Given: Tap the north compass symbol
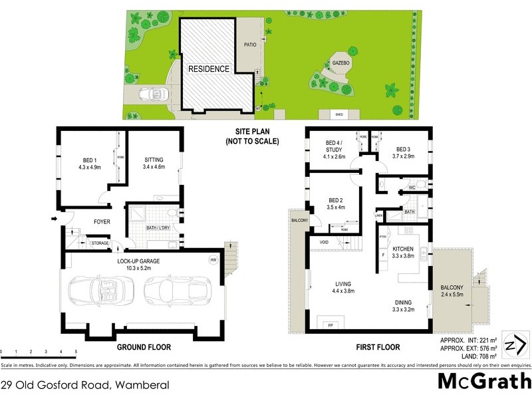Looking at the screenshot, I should tap(518, 345).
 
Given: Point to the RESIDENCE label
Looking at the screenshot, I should tap(208, 69).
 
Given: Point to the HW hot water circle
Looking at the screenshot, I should tap(212, 259).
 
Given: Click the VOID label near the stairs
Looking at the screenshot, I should tap(324, 242).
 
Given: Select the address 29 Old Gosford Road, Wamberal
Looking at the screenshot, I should tap(84, 385).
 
